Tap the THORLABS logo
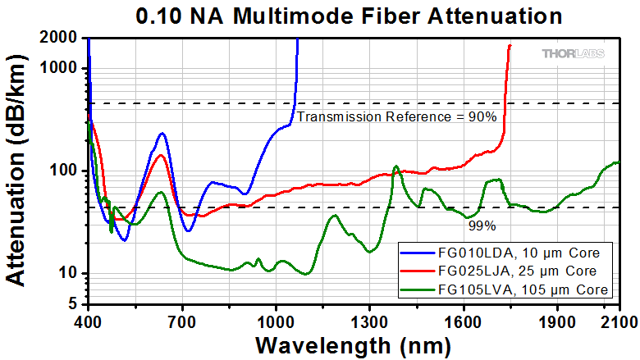(573, 53)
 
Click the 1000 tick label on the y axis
(60, 69)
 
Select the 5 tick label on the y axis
(72, 305)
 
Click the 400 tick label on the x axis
(88, 319)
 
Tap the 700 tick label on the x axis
(182, 319)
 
